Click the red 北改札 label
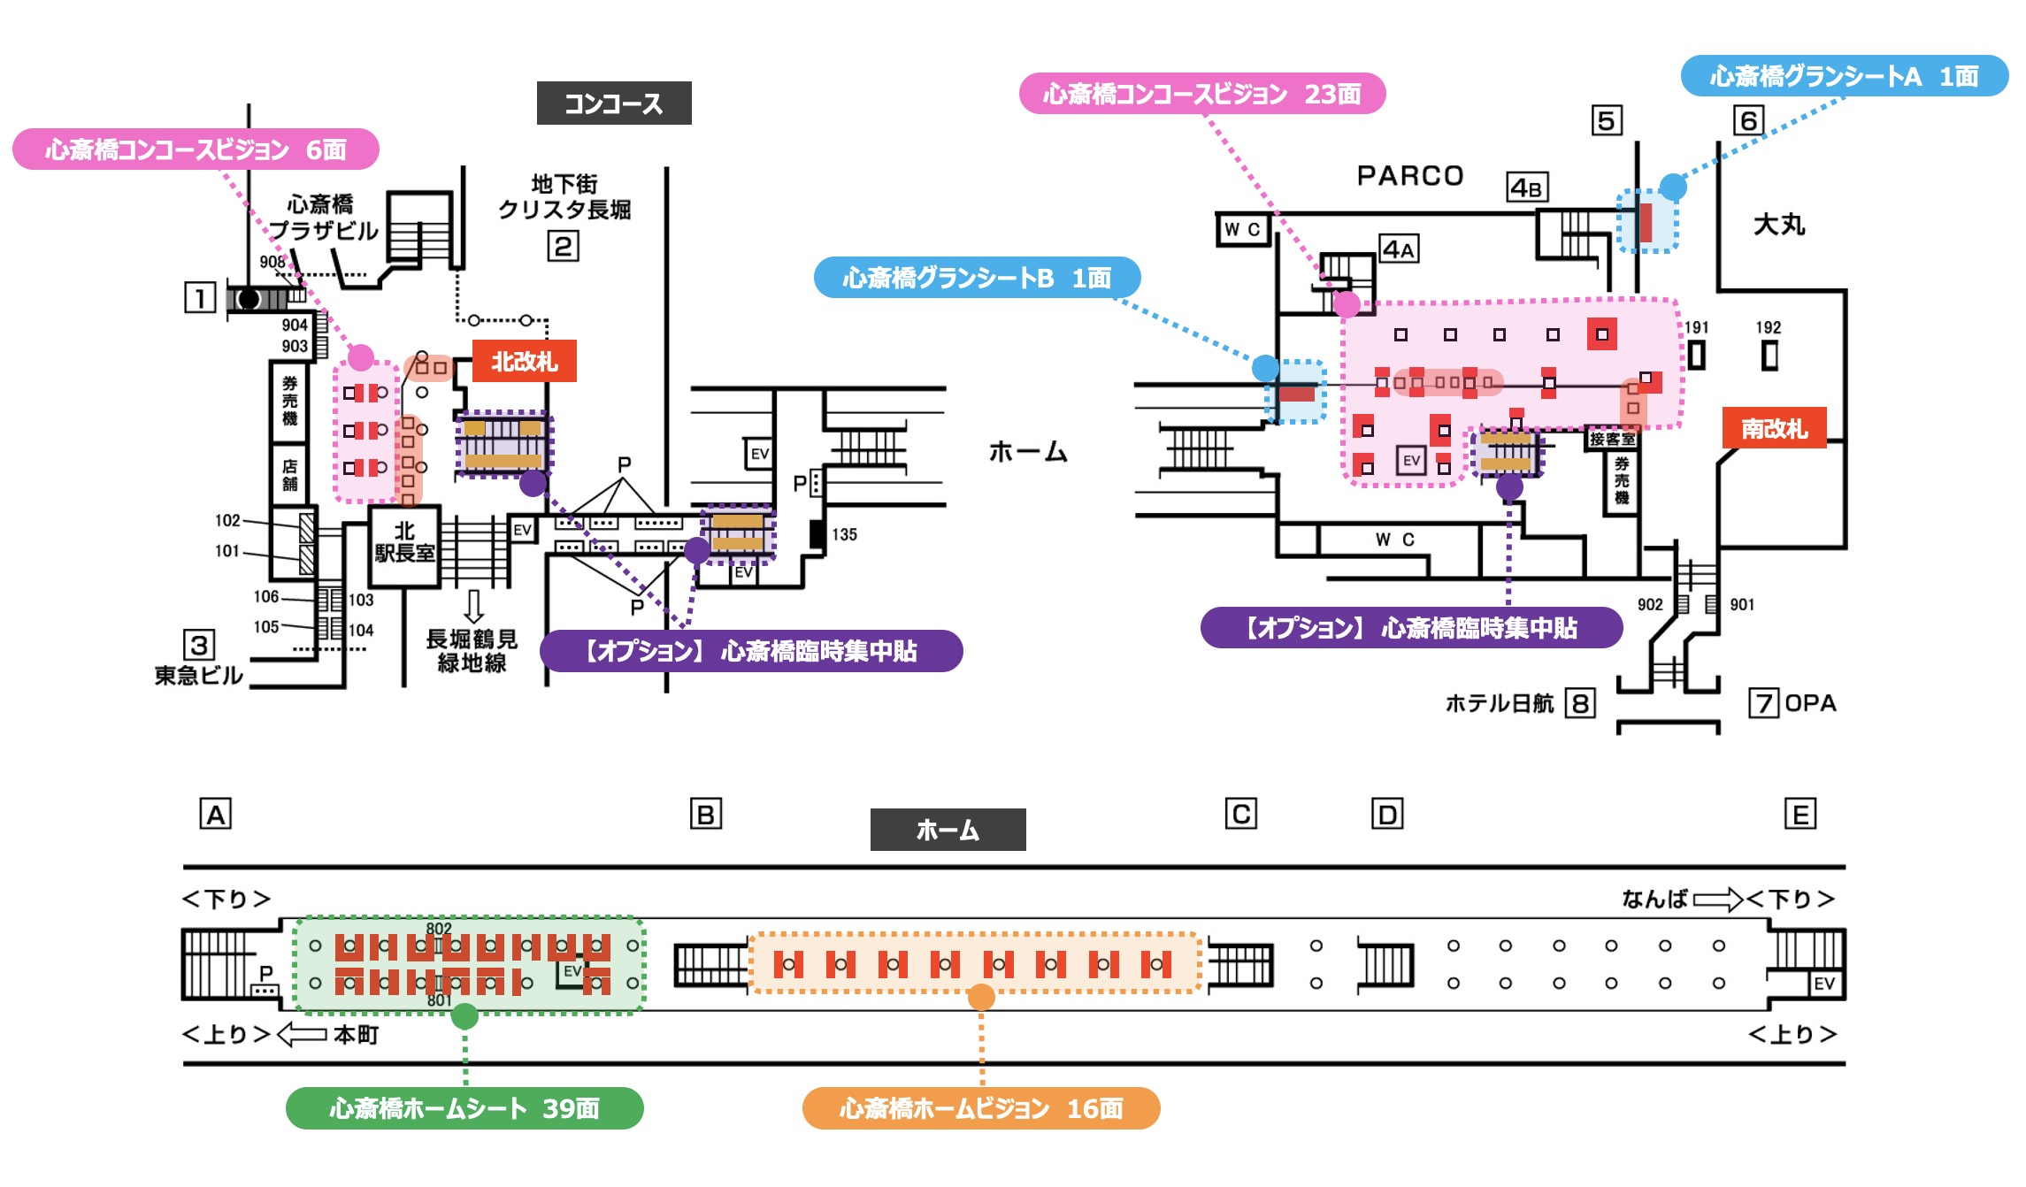(524, 361)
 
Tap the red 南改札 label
(1774, 428)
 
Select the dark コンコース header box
(613, 103)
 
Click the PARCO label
(1409, 175)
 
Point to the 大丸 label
(1778, 225)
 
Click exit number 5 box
(1606, 120)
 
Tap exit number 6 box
(1748, 120)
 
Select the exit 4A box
(1399, 249)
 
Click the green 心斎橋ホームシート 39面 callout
(464, 1108)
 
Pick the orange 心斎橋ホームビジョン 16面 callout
(980, 1108)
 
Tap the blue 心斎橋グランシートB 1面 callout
(976, 278)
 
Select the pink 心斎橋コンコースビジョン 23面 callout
(1201, 94)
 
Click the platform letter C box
(1240, 814)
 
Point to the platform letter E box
(1800, 814)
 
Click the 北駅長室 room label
(404, 542)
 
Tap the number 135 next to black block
(844, 534)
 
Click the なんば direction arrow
(1716, 900)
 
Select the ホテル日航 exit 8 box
(1579, 704)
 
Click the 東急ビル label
(198, 676)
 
